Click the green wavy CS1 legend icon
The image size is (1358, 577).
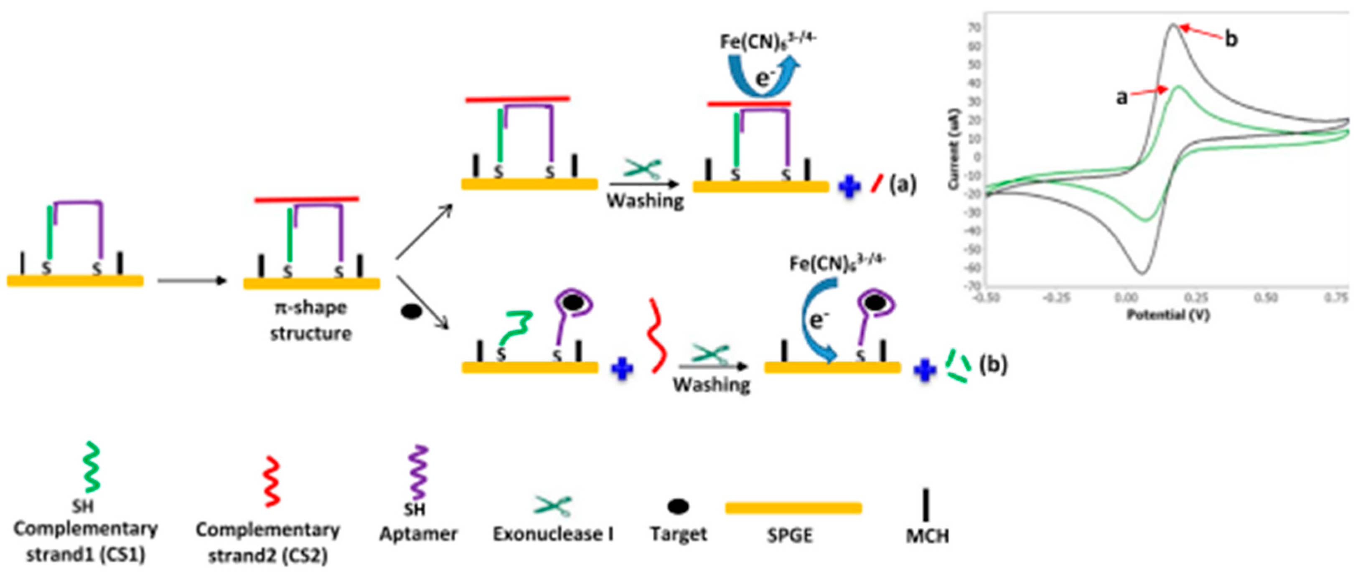click(91, 467)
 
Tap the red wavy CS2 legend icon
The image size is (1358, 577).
click(272, 480)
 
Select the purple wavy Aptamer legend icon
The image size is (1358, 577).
click(420, 472)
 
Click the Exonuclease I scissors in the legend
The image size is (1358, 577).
click(552, 506)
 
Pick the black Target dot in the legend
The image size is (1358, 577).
click(677, 506)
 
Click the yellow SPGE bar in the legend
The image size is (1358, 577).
click(793, 508)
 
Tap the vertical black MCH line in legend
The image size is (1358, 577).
click(926, 505)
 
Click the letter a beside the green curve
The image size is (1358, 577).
click(1122, 97)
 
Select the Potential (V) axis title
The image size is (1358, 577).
click(1168, 315)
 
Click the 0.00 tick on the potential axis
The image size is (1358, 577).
click(1126, 298)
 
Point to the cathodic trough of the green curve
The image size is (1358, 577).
click(1146, 220)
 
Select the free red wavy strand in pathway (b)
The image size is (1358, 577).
click(656, 336)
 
